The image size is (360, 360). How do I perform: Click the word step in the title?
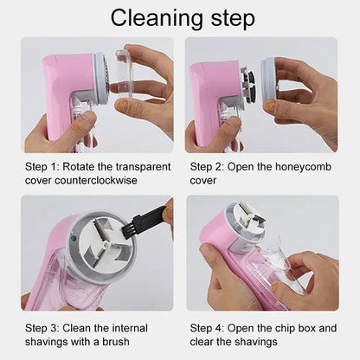tap(229, 18)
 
